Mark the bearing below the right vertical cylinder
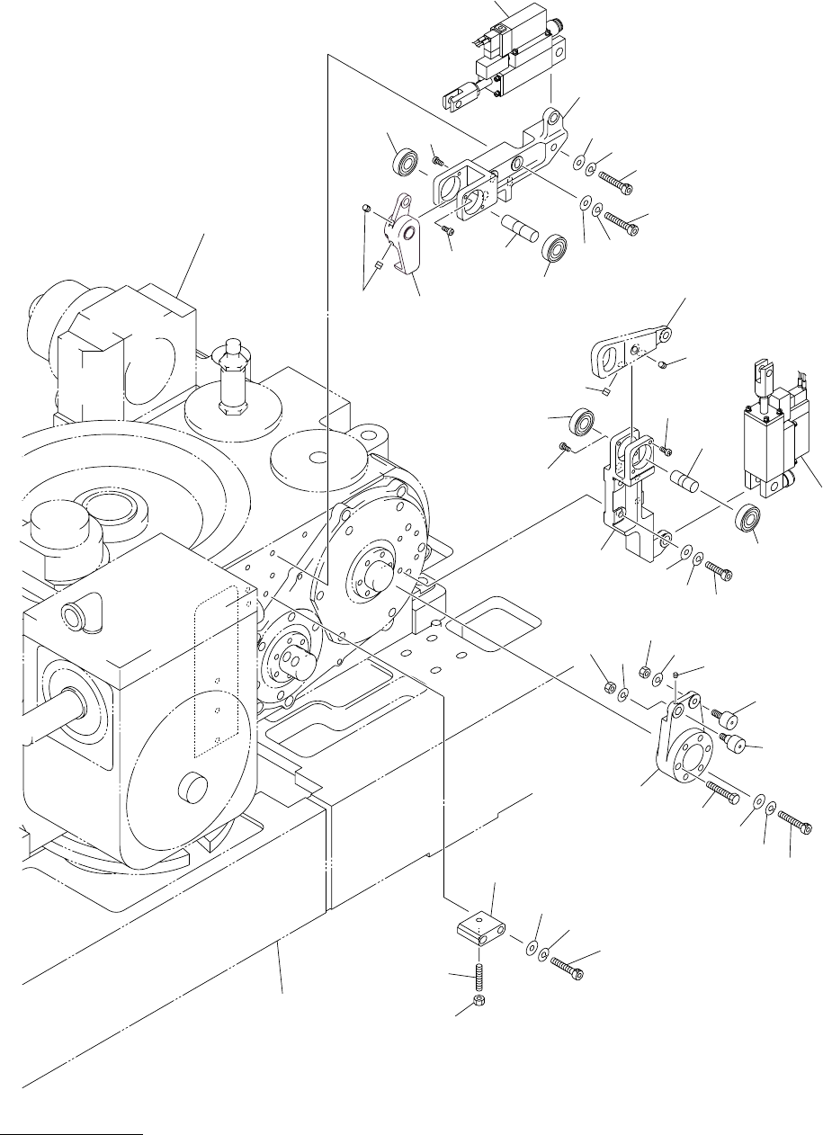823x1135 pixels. tap(748, 521)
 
